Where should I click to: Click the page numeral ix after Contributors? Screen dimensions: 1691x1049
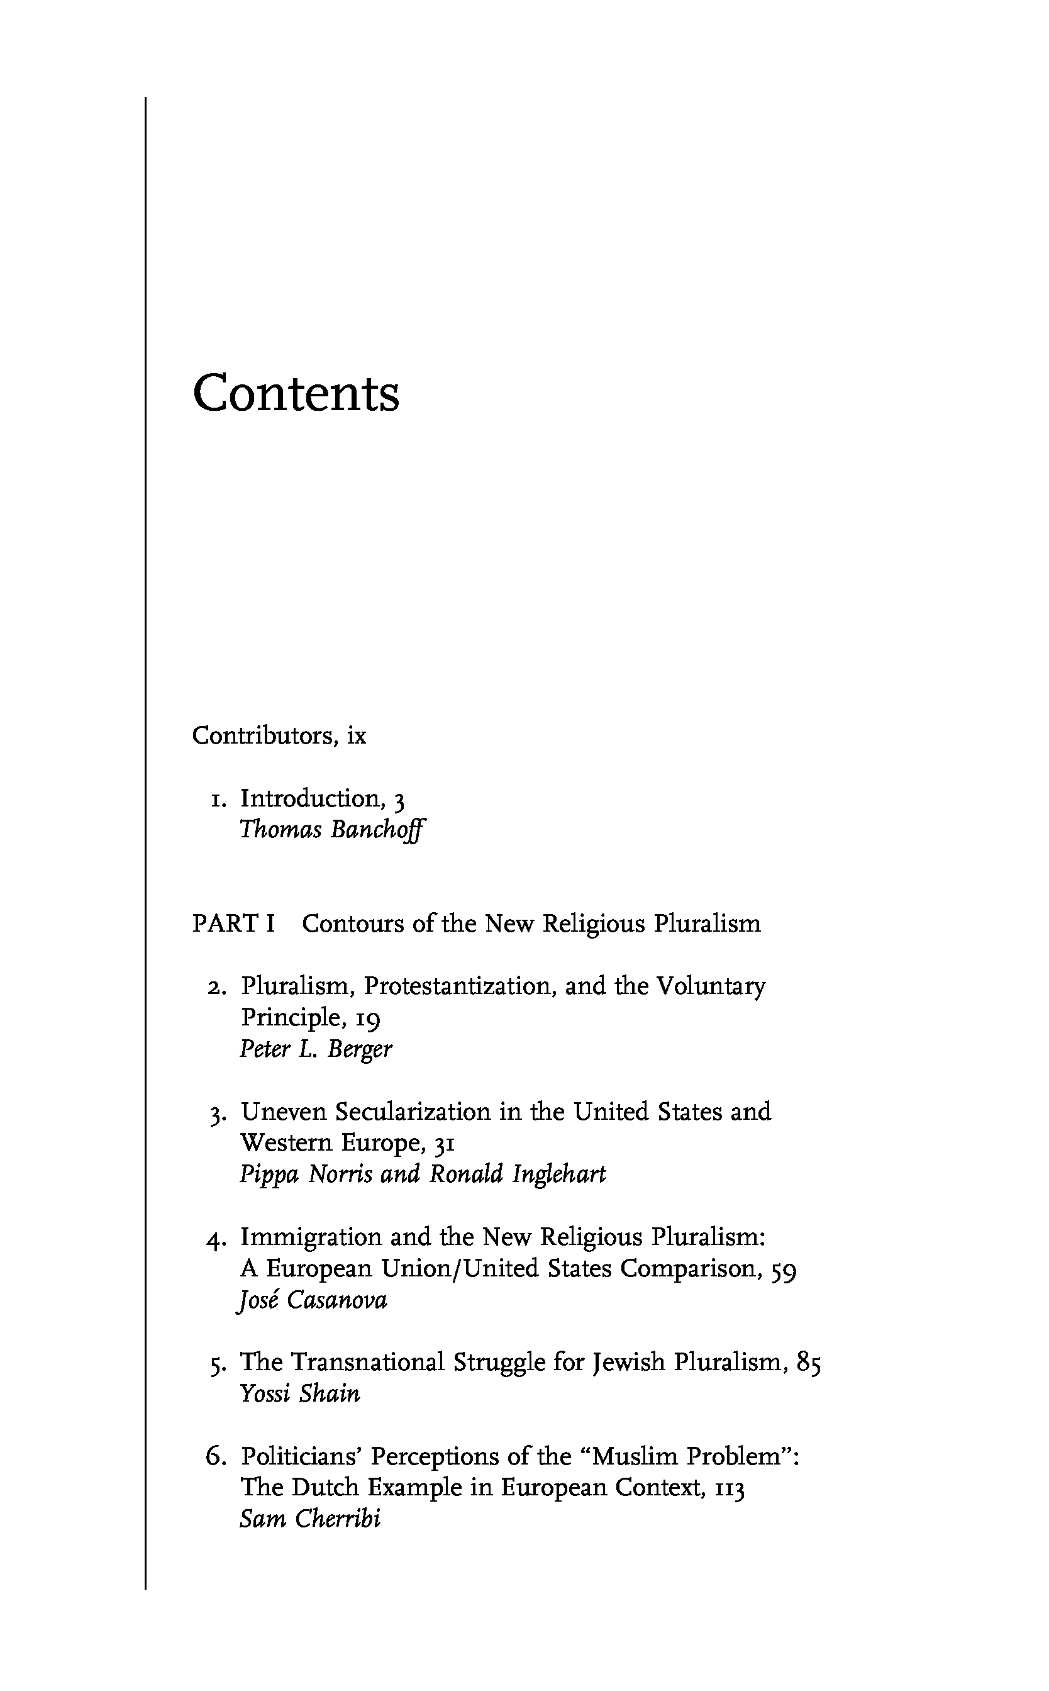[x=357, y=735]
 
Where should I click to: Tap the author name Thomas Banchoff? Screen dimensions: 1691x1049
[x=331, y=830]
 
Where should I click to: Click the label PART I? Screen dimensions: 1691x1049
[x=234, y=924]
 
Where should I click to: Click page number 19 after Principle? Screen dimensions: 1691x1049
[x=368, y=1018]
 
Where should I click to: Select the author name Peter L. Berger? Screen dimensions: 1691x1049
[x=316, y=1049]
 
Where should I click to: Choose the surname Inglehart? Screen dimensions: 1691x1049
[x=558, y=1174]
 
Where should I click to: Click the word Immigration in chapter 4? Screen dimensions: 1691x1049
[x=311, y=1237]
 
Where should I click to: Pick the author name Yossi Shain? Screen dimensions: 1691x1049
[x=300, y=1393]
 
